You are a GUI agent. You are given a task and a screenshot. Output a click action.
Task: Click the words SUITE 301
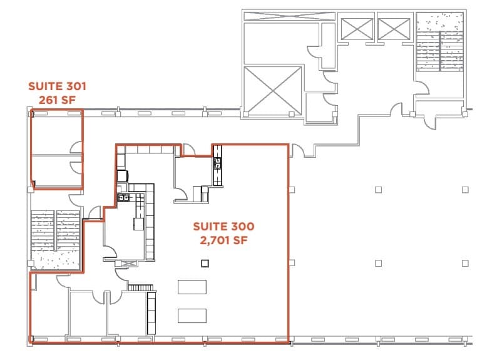(57, 86)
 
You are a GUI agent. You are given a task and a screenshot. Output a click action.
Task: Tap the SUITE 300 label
(223, 226)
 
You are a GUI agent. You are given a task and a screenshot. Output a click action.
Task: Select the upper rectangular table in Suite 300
(192, 287)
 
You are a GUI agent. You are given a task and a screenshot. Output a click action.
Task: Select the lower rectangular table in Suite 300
(192, 315)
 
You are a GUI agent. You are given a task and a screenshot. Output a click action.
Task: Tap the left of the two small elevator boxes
(356, 28)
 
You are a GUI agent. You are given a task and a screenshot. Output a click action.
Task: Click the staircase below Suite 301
(56, 238)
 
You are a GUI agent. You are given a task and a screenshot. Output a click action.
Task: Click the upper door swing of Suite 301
(76, 148)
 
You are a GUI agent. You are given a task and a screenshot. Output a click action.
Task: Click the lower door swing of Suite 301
(76, 167)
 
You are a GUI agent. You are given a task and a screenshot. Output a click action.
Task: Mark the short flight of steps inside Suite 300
(141, 287)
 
